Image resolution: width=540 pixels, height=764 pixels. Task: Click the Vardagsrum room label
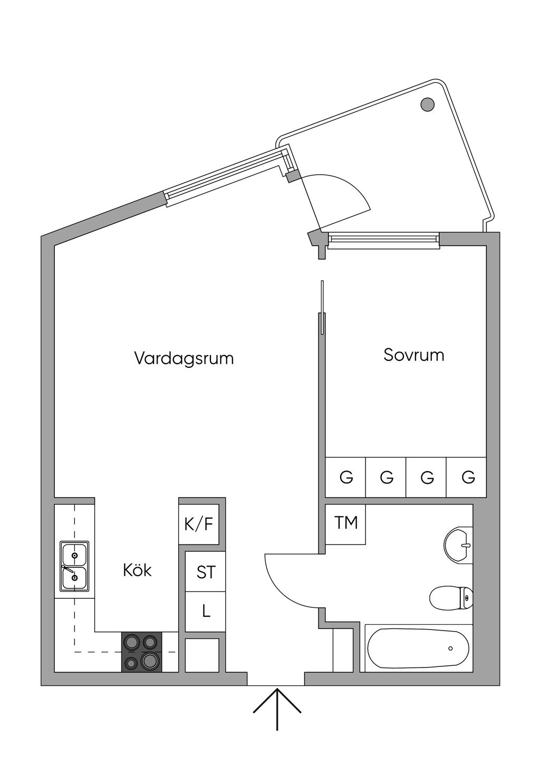tap(184, 359)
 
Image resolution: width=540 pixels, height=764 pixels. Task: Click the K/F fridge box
tap(199, 524)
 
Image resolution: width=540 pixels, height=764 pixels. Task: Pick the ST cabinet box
tap(205, 571)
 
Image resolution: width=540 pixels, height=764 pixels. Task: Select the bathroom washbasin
tap(458, 545)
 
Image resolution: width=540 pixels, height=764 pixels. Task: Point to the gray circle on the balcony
tap(428, 104)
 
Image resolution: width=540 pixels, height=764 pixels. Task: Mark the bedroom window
tap(383, 241)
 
